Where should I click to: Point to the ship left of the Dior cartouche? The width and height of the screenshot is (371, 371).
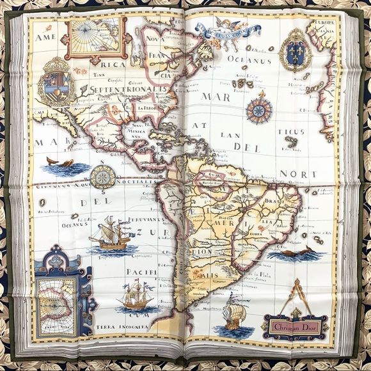point(235,316)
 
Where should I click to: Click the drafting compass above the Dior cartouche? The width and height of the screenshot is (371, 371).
point(295,295)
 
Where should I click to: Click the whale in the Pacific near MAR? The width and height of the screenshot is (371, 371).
point(60,164)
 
